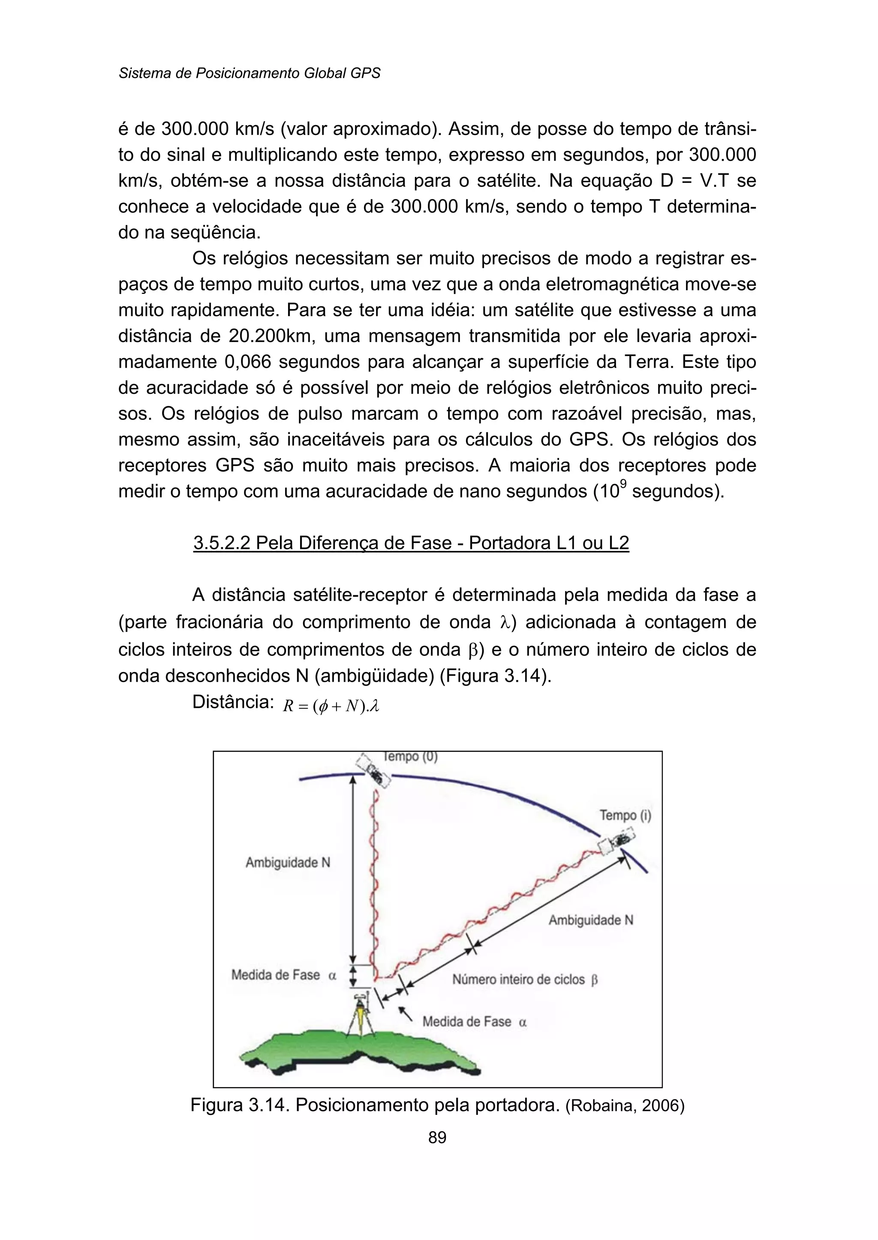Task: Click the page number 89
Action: click(437, 1137)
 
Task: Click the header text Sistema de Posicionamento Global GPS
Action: click(249, 73)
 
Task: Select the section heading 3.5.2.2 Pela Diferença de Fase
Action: click(411, 543)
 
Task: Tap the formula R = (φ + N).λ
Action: click(331, 706)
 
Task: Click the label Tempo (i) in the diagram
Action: click(625, 815)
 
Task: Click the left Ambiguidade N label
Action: click(288, 863)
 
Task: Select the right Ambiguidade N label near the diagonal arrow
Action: click(590, 920)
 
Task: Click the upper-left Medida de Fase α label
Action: click(284, 975)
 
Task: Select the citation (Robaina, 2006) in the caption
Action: click(625, 1106)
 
